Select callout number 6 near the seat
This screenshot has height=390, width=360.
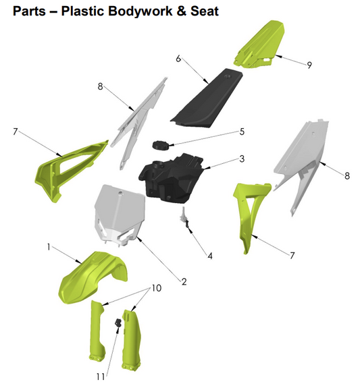pos(178,59)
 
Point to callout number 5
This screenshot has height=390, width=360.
pos(241,132)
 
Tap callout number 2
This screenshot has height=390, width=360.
pos(183,279)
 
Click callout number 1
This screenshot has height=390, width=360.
pos(49,248)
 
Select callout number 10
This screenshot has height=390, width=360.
pos(156,288)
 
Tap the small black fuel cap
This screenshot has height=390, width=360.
pos(161,144)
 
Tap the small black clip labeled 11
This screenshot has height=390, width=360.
pos(118,323)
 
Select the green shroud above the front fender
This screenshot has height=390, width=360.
pos(68,165)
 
